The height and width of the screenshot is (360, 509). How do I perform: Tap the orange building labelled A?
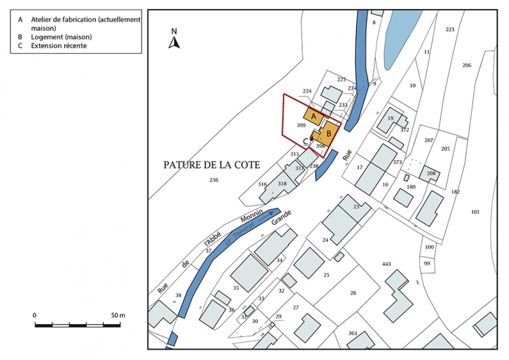coord(314,116)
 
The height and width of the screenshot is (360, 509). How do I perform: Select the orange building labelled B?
coord(329,132)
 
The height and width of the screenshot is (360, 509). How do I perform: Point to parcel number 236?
coord(214,180)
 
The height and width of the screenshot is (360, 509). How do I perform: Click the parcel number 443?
coord(386,264)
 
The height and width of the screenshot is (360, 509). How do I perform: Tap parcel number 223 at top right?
coord(450,29)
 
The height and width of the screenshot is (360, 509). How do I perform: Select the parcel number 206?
coord(467,65)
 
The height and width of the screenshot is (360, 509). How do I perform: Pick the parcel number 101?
coord(475,211)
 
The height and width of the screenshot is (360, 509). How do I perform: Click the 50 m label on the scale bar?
coord(118,314)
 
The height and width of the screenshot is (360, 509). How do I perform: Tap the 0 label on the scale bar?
coord(34,314)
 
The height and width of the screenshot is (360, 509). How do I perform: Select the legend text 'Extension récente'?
coord(54,46)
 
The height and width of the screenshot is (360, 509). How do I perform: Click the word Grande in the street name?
coord(282,217)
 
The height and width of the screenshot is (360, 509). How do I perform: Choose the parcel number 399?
coord(301,126)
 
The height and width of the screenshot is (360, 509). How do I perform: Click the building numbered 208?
coord(431,173)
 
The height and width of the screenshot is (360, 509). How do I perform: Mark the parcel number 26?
coord(352,293)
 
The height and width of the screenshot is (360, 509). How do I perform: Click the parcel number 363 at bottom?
coord(352,333)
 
